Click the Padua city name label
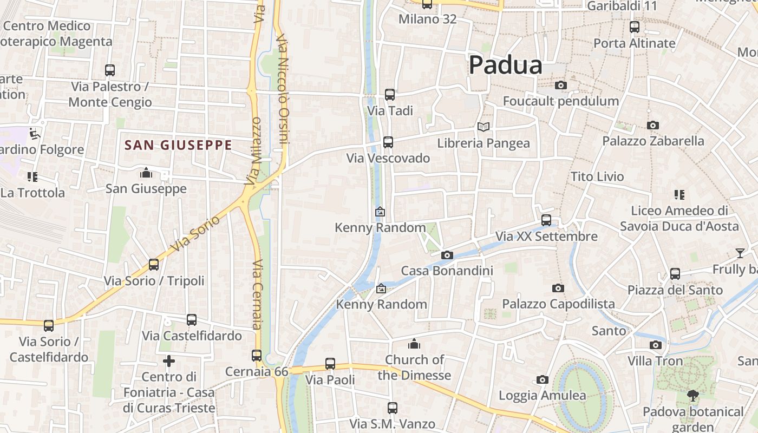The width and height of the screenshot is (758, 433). pos(505,65)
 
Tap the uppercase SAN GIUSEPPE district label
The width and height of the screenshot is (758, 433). pos(178,145)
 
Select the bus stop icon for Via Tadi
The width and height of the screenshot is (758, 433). pos(389,95)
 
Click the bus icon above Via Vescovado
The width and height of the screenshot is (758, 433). pos(388,142)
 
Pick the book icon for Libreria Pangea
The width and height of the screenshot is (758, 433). pos(483,127)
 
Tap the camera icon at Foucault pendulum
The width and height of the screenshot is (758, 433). pos(561,86)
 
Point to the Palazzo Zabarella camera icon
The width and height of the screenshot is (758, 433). pos(653,126)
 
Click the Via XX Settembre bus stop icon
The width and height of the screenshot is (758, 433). pos(546,220)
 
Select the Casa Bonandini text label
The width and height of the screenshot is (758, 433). pos(447,271)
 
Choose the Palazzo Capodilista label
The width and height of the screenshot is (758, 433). pos(558,304)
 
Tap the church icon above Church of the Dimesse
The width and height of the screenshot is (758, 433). pos(414,344)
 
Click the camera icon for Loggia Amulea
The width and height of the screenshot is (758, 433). pos(542,380)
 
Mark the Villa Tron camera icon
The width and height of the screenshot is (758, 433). pos(655,345)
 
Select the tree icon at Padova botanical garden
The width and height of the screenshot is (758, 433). pos(692,396)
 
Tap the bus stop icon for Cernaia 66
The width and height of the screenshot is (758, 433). pos(257,356)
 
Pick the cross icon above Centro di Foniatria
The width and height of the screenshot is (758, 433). pos(169,361)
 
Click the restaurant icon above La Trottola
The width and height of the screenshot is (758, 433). pos(32,177)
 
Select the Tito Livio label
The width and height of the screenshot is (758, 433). pos(597,176)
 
